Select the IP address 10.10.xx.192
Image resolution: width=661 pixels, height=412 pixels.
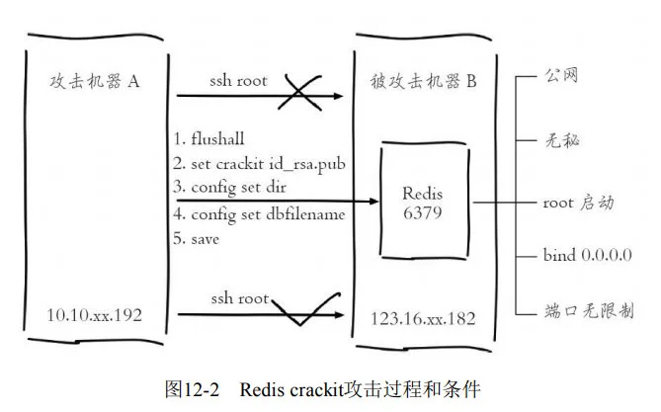pos(94,316)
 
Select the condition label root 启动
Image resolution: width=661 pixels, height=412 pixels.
pos(579,203)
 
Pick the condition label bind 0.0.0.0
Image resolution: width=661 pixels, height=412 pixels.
pos(587,257)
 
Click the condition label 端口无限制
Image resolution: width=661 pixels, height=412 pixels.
pos(589,310)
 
